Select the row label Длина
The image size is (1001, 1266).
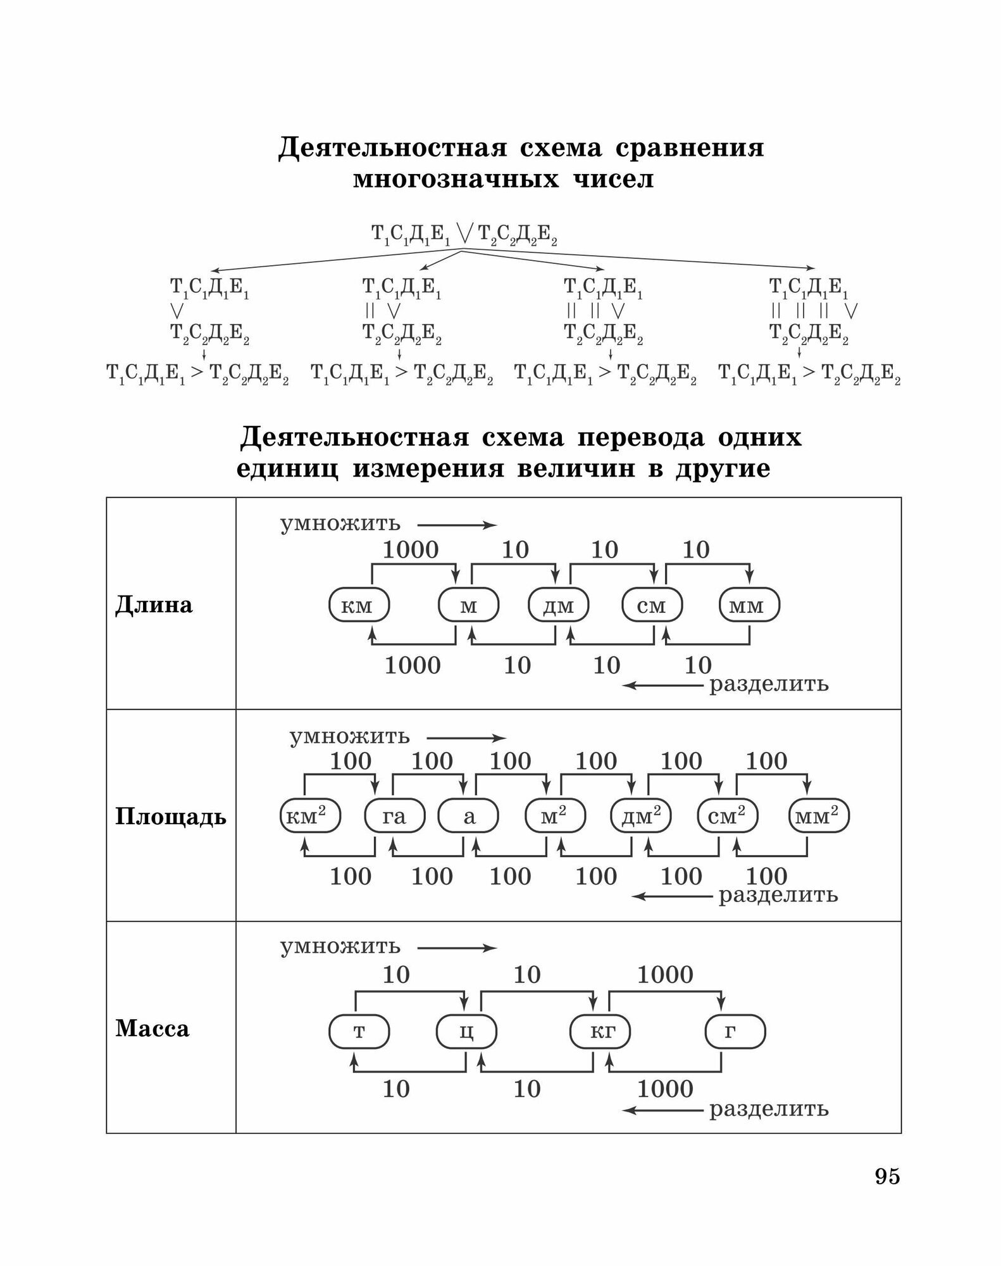tap(154, 605)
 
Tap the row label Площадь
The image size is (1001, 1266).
tap(170, 817)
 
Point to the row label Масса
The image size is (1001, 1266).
tap(152, 1029)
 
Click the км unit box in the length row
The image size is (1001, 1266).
tap(358, 606)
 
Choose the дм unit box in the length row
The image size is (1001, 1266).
tap(559, 606)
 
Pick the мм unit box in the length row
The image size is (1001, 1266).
tap(749, 606)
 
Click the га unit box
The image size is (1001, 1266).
tap(394, 817)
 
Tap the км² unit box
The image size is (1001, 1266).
tap(309, 817)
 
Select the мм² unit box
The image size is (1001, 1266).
tap(819, 817)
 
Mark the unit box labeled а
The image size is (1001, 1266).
tap(469, 817)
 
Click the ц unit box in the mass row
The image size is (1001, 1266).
tap(466, 1032)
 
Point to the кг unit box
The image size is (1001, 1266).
tap(601, 1032)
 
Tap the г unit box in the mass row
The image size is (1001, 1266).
tap(735, 1032)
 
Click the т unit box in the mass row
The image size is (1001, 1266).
tap(359, 1032)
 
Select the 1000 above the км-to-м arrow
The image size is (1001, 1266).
tap(410, 550)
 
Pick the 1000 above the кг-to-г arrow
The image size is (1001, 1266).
tap(665, 974)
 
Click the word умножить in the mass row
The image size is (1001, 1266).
tap(340, 947)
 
